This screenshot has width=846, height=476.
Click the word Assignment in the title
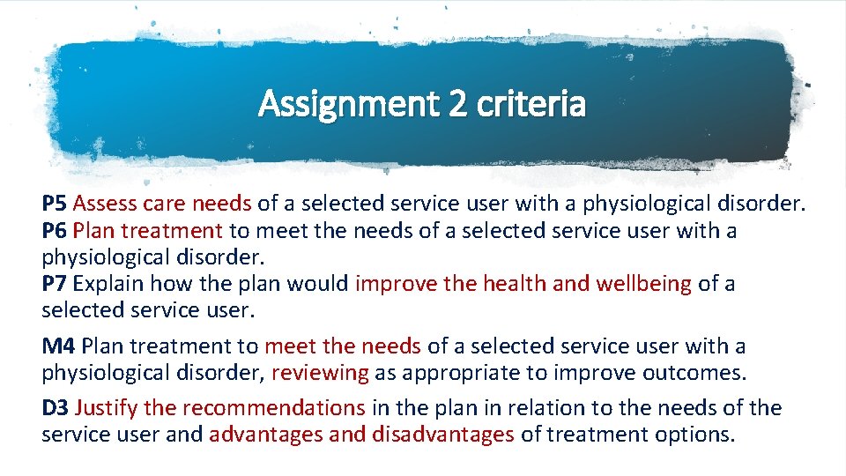point(346,105)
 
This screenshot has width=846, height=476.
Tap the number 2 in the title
point(458,105)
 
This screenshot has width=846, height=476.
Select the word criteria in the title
point(530,105)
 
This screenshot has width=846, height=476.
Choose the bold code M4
point(59,346)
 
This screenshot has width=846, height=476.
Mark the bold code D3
point(56,407)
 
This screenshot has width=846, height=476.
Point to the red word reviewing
point(320,372)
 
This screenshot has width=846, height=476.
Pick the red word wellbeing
point(644,284)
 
